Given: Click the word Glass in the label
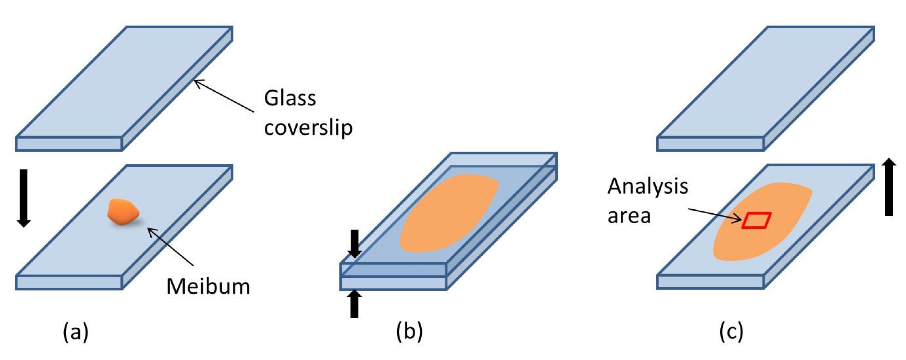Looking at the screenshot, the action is [x=290, y=98].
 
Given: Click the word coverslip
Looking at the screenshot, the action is [x=308, y=127].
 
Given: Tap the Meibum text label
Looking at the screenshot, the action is [x=208, y=287].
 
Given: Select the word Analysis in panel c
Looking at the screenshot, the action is [x=648, y=186].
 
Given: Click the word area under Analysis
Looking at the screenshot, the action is [x=629, y=216].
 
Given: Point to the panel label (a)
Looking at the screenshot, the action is [x=76, y=332].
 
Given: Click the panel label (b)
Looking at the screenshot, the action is [x=409, y=332].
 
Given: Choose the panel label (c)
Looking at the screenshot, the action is [x=731, y=332].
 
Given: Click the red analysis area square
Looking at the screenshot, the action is [x=756, y=220].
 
